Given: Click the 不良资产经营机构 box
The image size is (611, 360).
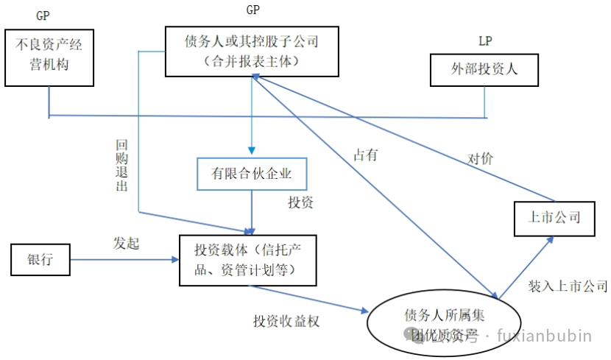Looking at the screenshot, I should coord(49,57).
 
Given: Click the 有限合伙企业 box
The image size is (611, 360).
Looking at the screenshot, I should coord(251,174).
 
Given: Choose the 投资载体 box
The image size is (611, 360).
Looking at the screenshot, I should coord(247,261).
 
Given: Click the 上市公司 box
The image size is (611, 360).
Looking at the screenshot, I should coord(554,217).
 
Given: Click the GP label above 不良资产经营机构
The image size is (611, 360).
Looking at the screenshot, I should coord(43,15).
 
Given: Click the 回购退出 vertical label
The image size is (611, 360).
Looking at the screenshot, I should coord(122,166).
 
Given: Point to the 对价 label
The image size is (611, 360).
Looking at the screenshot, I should coord(480,158).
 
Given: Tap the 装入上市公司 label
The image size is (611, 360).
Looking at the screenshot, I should coord(568,285).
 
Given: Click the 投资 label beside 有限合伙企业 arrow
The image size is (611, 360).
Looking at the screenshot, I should coord(300,202).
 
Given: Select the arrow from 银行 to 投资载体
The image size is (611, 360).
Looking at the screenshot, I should coord(125,259).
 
